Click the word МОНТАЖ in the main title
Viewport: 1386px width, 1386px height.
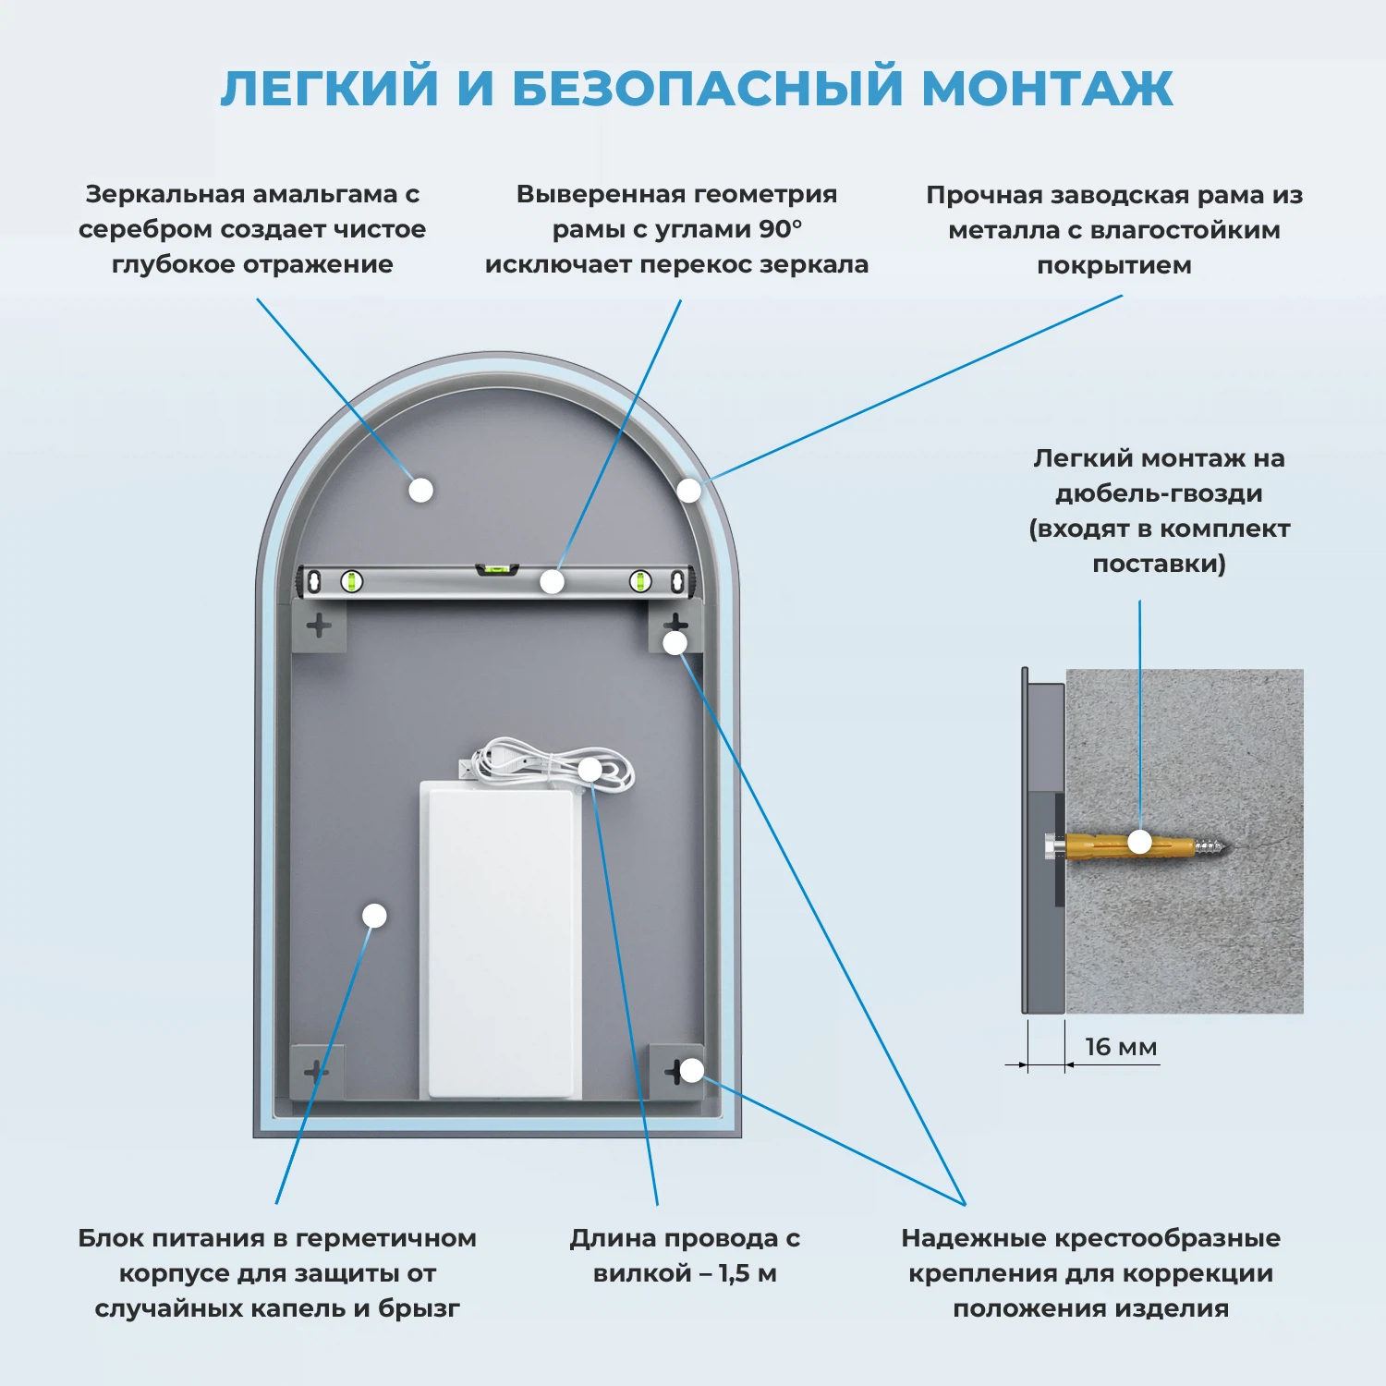pyautogui.click(x=1047, y=89)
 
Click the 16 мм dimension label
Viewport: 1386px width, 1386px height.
pyautogui.click(x=1120, y=1047)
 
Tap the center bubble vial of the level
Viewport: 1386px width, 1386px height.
pyautogui.click(x=497, y=569)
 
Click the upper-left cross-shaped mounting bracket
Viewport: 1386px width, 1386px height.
pyautogui.click(x=319, y=626)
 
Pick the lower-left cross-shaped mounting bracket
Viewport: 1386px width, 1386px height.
pyautogui.click(x=316, y=1072)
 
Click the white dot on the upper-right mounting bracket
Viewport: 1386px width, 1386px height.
pyautogui.click(x=675, y=642)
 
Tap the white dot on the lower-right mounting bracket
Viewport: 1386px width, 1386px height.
pyautogui.click(x=691, y=1071)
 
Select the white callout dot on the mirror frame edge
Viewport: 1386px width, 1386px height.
pyautogui.click(x=688, y=491)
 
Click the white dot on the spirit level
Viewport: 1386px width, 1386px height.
pyautogui.click(x=552, y=581)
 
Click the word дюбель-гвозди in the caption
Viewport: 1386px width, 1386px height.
pyautogui.click(x=1159, y=493)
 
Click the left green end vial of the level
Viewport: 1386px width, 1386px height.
pyautogui.click(x=351, y=581)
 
